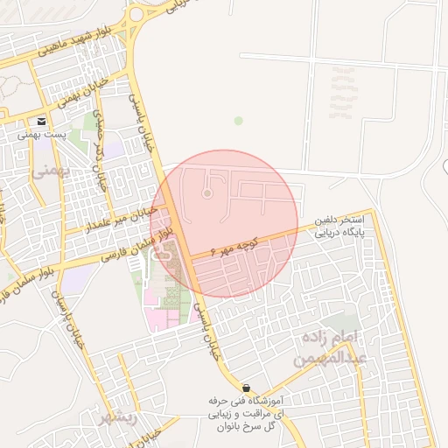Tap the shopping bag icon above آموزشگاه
246,387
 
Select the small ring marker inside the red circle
207,193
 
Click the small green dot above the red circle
238,120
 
